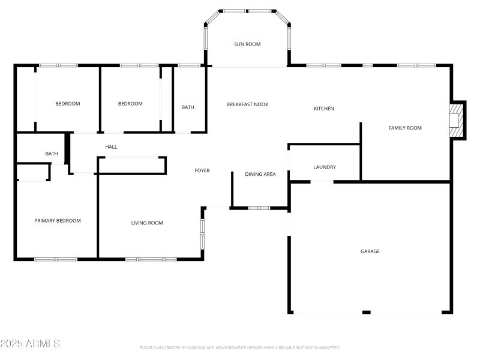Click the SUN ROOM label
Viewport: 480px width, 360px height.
(x=247, y=44)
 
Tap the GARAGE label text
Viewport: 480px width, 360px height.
(x=370, y=251)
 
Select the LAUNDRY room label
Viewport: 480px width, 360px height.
(x=325, y=167)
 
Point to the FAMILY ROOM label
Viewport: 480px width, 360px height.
(x=405, y=128)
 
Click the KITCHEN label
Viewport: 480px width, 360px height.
(x=324, y=109)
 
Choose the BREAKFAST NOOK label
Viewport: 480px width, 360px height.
(x=247, y=104)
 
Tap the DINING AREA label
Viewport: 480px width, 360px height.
(x=260, y=174)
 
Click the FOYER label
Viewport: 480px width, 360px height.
(x=202, y=171)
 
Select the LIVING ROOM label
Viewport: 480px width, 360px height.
(x=148, y=223)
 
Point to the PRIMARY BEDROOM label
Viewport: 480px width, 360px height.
(x=57, y=221)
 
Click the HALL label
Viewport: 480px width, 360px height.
(x=111, y=147)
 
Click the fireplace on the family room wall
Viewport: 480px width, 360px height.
(x=457, y=119)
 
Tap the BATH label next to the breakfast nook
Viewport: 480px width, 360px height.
(x=188, y=107)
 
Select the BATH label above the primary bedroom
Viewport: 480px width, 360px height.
(x=52, y=154)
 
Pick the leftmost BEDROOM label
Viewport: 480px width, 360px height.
(x=67, y=104)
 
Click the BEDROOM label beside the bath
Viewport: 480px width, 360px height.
(x=130, y=104)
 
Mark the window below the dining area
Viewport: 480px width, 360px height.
(x=259, y=208)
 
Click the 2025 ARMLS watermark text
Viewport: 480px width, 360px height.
(x=30, y=344)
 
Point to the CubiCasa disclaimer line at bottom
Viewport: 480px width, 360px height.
(x=240, y=347)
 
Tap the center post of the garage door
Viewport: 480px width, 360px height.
(x=367, y=312)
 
